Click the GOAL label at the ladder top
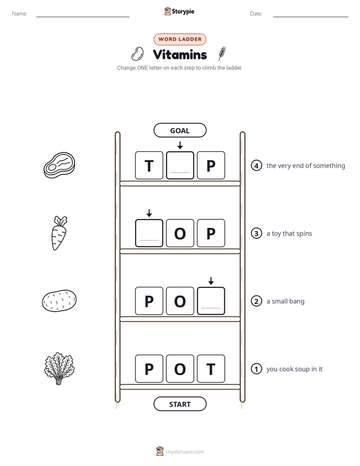tap(179, 131)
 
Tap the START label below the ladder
tap(179, 404)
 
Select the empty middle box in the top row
tap(180, 165)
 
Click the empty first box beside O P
tap(149, 233)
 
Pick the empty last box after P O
tap(211, 301)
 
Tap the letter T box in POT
tap(211, 369)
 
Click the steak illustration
tap(59, 165)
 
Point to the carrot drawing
tap(59, 233)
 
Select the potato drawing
tap(59, 301)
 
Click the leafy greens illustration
tap(59, 369)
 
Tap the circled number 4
tap(256, 165)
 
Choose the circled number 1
tap(256, 369)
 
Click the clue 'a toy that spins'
tap(289, 234)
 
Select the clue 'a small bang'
tap(285, 302)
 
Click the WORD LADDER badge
tap(179, 39)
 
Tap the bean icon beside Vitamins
tap(137, 54)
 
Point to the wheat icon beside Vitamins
tap(222, 53)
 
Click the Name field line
tap(83, 17)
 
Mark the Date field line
tap(311, 17)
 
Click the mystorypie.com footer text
tap(185, 452)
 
